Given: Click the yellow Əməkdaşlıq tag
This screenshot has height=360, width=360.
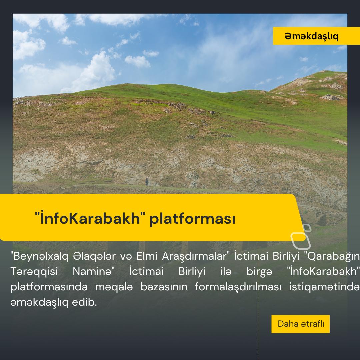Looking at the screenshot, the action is coord(316,36).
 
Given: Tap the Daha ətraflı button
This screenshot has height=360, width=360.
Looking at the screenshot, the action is coord(300,324).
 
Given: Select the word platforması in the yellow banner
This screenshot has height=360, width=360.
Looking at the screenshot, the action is coord(192,219).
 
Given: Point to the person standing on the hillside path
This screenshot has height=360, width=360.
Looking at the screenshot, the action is coord(147,182).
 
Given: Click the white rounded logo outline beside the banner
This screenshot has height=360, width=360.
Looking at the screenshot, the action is coord(301,237).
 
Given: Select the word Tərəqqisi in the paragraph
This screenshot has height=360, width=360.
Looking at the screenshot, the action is coord(34,271).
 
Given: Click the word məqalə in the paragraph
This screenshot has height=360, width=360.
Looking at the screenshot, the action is coord(114,287).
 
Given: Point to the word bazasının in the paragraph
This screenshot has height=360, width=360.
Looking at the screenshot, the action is coord(164,287).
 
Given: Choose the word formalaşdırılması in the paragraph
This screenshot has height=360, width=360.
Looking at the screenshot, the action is coord(238,287).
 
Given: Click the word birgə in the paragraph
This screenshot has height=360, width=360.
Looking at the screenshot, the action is coord(259,272).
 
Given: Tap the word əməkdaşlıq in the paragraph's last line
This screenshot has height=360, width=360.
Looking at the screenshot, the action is coord(39,302).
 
